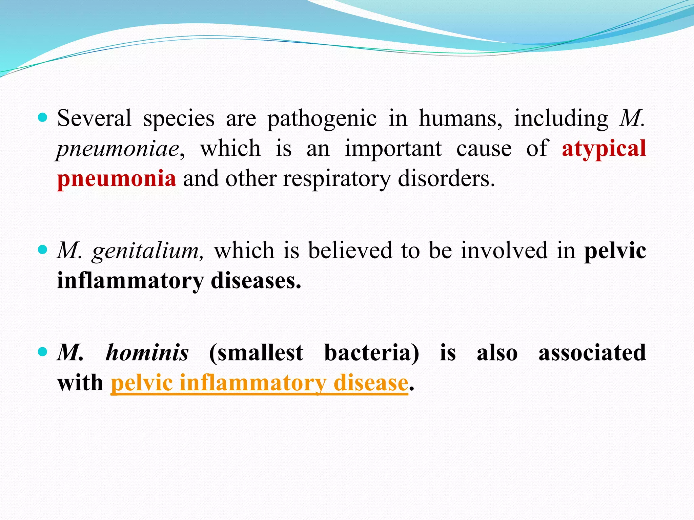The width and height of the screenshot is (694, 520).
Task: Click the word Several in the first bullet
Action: (x=94, y=118)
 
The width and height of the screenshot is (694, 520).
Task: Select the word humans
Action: (x=461, y=118)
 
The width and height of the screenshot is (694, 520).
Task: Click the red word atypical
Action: (x=604, y=149)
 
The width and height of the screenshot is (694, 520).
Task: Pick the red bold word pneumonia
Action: (x=117, y=179)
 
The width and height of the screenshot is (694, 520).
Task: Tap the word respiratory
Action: (x=337, y=179)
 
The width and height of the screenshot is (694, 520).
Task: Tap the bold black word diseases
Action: (x=256, y=281)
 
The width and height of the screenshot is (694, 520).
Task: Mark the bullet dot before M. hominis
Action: (x=42, y=352)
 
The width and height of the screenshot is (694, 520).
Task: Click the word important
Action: (x=393, y=149)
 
